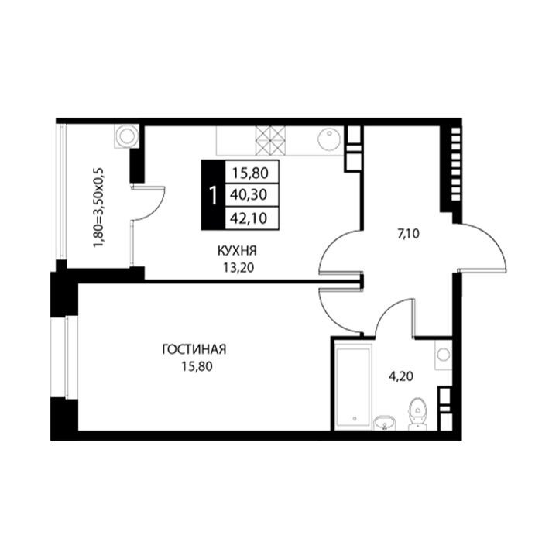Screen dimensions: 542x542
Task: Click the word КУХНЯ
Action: [x=237, y=251]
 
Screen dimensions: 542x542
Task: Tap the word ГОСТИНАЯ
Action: [x=194, y=349]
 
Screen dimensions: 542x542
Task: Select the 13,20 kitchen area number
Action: [x=238, y=268]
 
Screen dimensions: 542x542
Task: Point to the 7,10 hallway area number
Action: [x=409, y=234]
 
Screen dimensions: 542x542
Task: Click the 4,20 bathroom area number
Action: [x=401, y=376]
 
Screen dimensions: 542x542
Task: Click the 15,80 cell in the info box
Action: [x=252, y=172]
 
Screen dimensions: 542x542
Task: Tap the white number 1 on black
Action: [x=214, y=195]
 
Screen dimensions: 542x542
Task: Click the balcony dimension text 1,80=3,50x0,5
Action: [x=98, y=208]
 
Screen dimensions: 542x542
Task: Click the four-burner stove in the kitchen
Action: [x=271, y=140]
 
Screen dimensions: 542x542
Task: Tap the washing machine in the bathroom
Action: [x=443, y=355]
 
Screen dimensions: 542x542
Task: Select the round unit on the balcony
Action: [x=125, y=136]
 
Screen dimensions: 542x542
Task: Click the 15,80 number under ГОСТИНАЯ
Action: [x=197, y=366]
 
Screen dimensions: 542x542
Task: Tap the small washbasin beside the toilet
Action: [x=385, y=423]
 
